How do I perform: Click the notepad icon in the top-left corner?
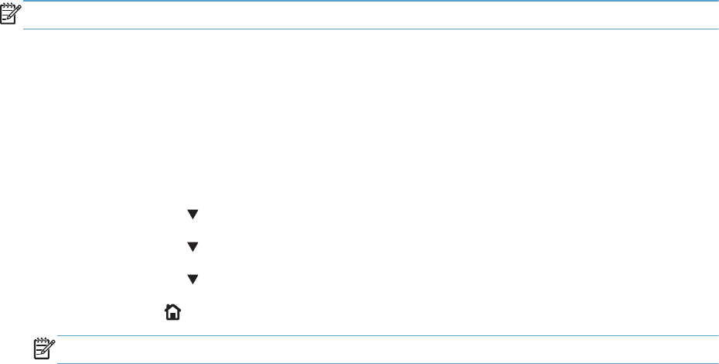(x=12, y=14)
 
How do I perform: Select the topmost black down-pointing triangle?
(x=193, y=214)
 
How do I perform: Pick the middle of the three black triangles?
(x=193, y=246)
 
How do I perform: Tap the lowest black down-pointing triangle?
(x=193, y=279)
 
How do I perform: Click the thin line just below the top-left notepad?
(x=371, y=29)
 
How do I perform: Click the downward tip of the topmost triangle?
(x=193, y=218)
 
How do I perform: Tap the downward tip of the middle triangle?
(x=193, y=250)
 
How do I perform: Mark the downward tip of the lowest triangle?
(x=193, y=283)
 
